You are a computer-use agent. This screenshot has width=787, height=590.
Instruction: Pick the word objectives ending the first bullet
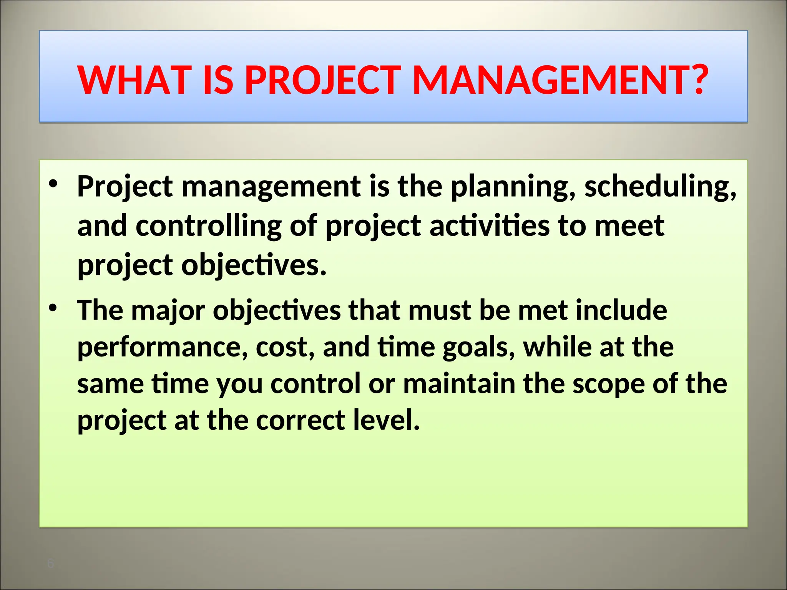253,266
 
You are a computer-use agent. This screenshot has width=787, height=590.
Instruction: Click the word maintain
459,384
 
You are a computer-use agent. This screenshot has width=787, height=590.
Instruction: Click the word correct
300,420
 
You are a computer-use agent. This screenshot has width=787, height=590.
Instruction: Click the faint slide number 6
50,564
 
